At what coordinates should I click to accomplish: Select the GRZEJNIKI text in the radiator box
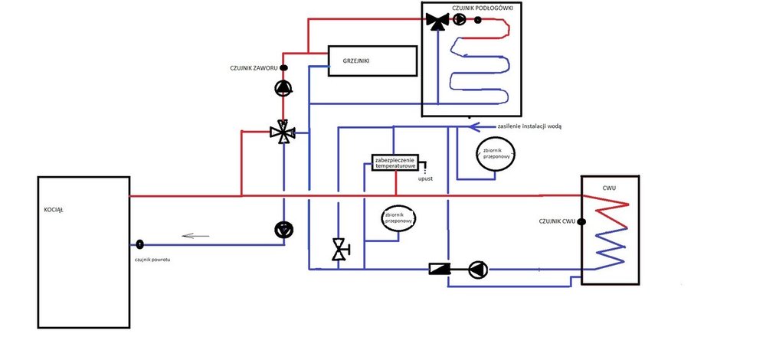pyautogui.click(x=356, y=58)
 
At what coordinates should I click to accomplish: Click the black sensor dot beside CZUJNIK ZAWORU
pyautogui.click(x=283, y=68)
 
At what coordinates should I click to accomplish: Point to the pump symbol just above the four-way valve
pyautogui.click(x=283, y=89)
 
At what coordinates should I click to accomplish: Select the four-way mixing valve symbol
pyautogui.click(x=283, y=132)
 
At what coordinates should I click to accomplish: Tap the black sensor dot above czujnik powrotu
pyautogui.click(x=140, y=245)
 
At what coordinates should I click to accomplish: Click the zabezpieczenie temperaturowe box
pyautogui.click(x=395, y=162)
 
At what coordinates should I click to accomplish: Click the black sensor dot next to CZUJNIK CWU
pyautogui.click(x=581, y=222)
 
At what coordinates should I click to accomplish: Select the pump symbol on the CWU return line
pyautogui.click(x=477, y=269)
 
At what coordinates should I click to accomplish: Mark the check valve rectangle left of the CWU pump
pyautogui.click(x=440, y=269)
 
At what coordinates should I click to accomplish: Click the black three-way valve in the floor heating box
pyautogui.click(x=437, y=21)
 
